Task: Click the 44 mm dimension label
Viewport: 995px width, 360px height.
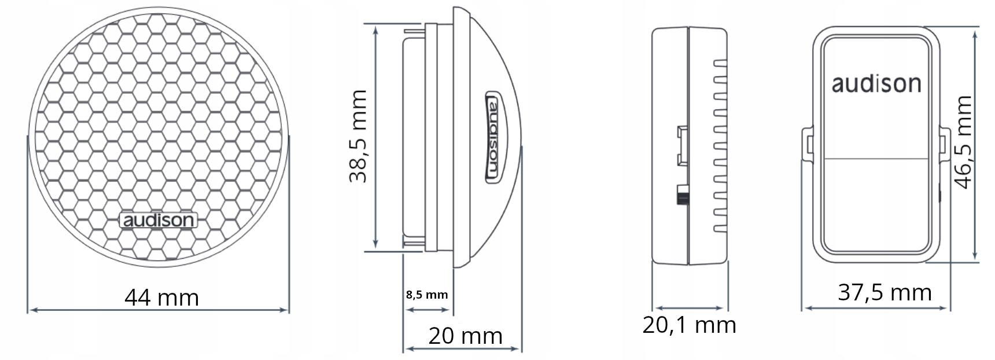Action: [161, 298]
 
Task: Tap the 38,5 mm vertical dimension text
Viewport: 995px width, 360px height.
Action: [359, 136]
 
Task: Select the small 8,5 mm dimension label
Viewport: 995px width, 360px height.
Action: [427, 295]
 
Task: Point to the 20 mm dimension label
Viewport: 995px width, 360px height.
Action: [465, 336]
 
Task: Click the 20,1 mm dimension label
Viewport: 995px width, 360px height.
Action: [689, 325]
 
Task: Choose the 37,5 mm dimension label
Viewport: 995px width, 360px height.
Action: [885, 293]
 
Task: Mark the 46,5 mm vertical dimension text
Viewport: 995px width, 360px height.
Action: [963, 142]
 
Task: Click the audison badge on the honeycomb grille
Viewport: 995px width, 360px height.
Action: [158, 221]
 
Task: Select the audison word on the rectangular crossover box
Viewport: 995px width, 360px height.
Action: [876, 85]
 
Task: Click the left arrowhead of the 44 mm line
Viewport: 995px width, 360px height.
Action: [32, 310]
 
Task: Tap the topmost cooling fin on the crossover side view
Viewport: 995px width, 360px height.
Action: [720, 61]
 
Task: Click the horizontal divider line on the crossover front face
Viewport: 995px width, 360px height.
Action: [876, 159]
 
